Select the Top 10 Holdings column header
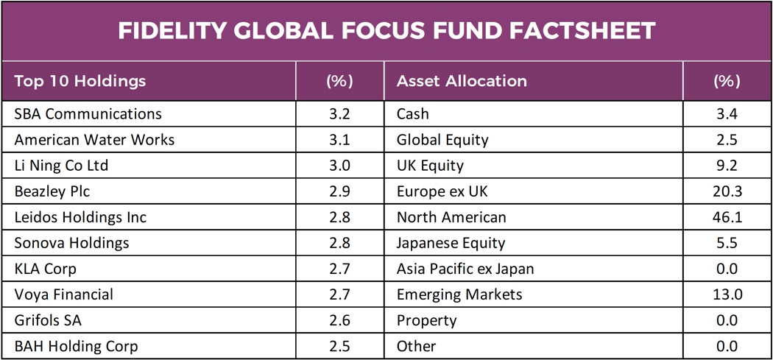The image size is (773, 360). pyautogui.click(x=80, y=81)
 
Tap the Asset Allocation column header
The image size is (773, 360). pyautogui.click(x=462, y=81)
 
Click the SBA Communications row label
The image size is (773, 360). pyautogui.click(x=88, y=114)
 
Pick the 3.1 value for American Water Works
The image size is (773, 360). pyautogui.click(x=339, y=140)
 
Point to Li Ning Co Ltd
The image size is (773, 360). pyautogui.click(x=61, y=166)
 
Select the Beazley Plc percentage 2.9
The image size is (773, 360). pyautogui.click(x=339, y=191)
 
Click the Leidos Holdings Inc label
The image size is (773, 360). pyautogui.click(x=80, y=217)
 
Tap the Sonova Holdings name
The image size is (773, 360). pyautogui.click(x=71, y=243)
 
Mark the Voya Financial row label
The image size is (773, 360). pyautogui.click(x=64, y=294)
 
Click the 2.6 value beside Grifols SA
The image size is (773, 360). pyautogui.click(x=339, y=320)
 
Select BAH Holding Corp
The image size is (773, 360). pyautogui.click(x=76, y=346)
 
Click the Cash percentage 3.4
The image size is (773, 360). pyautogui.click(x=727, y=114)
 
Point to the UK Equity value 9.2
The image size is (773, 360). pyautogui.click(x=727, y=166)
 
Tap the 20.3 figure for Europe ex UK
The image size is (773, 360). pyautogui.click(x=727, y=191)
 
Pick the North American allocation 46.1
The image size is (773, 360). pyautogui.click(x=727, y=217)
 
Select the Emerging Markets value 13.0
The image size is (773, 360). pyautogui.click(x=727, y=294)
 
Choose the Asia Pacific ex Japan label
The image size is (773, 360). pyautogui.click(x=465, y=269)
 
